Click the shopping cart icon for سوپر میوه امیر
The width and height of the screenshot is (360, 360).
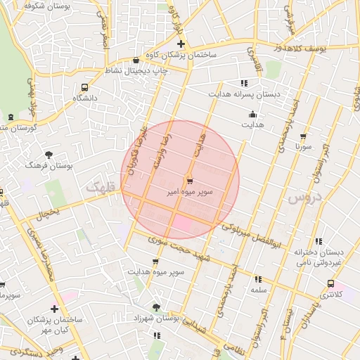pos(191,180)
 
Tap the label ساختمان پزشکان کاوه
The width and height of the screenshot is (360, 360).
pos(181,54)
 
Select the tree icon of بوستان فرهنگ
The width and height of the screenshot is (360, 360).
pos(49,154)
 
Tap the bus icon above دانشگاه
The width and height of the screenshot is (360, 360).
pos(84,88)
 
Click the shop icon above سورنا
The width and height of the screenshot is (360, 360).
pos(303,137)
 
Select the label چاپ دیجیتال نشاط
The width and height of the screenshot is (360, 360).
pos(139,71)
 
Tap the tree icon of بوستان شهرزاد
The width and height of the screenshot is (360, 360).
pos(156,307)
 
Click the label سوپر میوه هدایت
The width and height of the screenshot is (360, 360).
pos(156,271)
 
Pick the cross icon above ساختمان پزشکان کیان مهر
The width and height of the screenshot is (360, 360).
pos(54,308)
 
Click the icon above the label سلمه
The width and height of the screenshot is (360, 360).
pos(258,279)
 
